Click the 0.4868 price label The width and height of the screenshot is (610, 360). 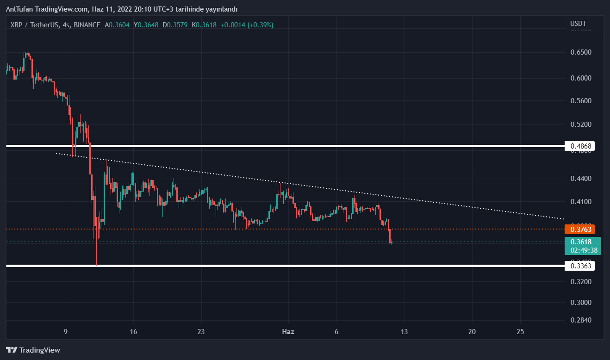580,146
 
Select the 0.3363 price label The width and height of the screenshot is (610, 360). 580,266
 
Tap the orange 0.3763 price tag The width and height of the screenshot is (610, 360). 581,229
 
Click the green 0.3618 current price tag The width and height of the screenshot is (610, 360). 582,242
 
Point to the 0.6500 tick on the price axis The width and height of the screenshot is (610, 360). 580,52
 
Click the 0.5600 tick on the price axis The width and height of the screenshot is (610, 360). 580,101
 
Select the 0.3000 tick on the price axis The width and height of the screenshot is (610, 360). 580,302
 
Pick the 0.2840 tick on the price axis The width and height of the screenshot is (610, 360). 580,320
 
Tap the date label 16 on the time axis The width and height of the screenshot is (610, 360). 133,331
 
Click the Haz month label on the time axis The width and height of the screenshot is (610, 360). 288,331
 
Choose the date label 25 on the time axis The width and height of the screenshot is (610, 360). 520,331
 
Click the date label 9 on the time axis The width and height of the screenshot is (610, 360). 66,331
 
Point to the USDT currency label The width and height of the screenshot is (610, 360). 578,24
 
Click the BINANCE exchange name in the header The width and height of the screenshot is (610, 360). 87,25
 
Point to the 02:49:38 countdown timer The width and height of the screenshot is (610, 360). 584,250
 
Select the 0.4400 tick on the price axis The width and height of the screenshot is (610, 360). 580,178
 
